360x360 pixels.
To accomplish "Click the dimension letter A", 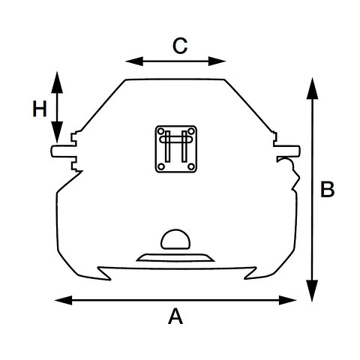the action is (x=175, y=316).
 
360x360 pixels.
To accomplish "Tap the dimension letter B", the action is (x=327, y=189).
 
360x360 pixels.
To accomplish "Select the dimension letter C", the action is (x=180, y=46).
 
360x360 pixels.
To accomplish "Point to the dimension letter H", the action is (x=40, y=109).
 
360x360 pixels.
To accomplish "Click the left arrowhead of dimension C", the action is (x=134, y=61).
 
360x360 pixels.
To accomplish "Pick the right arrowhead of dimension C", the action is (x=217, y=61).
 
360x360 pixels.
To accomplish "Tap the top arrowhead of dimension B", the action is (x=312, y=88).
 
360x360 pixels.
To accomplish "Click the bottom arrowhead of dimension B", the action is (x=312, y=291).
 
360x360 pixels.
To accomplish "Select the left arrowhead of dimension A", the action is (x=64, y=300).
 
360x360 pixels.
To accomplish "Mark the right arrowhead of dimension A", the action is (x=288, y=300).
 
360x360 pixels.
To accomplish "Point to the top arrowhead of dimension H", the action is (x=57, y=82).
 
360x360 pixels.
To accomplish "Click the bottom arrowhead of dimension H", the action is (x=57, y=132).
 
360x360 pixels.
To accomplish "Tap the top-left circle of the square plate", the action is (x=161, y=131).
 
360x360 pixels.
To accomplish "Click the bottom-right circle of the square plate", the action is (x=191, y=166).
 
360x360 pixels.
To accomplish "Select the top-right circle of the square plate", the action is (x=191, y=131).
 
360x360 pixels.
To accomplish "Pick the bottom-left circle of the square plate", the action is (x=161, y=166).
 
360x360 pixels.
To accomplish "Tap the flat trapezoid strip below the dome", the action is (x=175, y=258).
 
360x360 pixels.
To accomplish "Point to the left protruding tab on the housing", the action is (x=63, y=151).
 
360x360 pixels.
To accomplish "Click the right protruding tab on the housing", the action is (x=287, y=151).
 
